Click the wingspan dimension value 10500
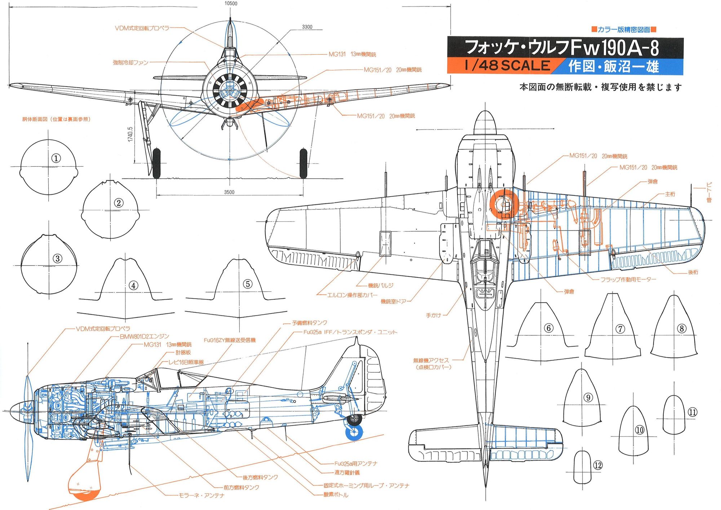coord(231,4)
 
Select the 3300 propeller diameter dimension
coord(307,27)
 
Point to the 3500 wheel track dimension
coord(229,192)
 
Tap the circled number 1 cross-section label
coord(56,158)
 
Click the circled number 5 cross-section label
coord(248,284)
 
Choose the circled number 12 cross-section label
coord(598,465)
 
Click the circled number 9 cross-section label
coord(588,397)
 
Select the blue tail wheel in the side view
coord(354,432)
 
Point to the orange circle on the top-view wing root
coord(504,204)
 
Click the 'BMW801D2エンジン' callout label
coord(144,337)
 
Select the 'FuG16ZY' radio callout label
coord(230,340)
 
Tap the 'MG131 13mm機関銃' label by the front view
coord(352,54)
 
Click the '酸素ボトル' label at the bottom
coord(336,495)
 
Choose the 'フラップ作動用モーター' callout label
coord(628,280)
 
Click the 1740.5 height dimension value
coord(130,134)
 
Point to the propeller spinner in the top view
coord(485,123)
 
